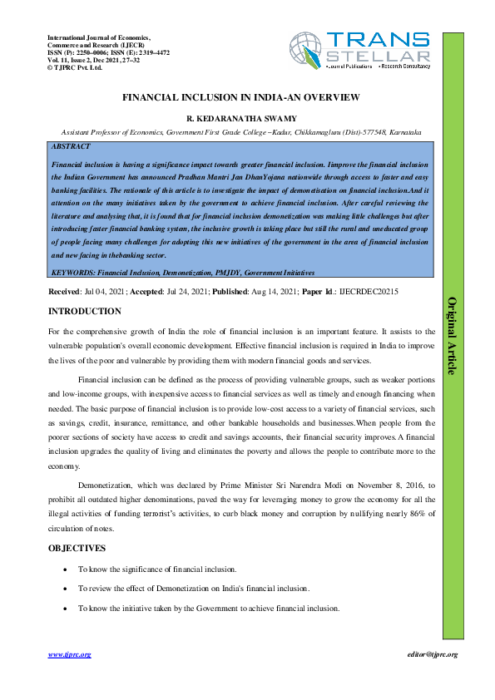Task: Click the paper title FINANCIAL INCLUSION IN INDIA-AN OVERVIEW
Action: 241,97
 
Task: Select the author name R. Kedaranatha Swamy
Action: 241,118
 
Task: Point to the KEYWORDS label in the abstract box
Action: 73,273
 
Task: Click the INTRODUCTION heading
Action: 85,312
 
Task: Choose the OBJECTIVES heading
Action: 77,549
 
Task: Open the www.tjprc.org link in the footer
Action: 69,654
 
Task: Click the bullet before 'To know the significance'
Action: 66,569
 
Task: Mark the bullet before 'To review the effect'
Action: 66,589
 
